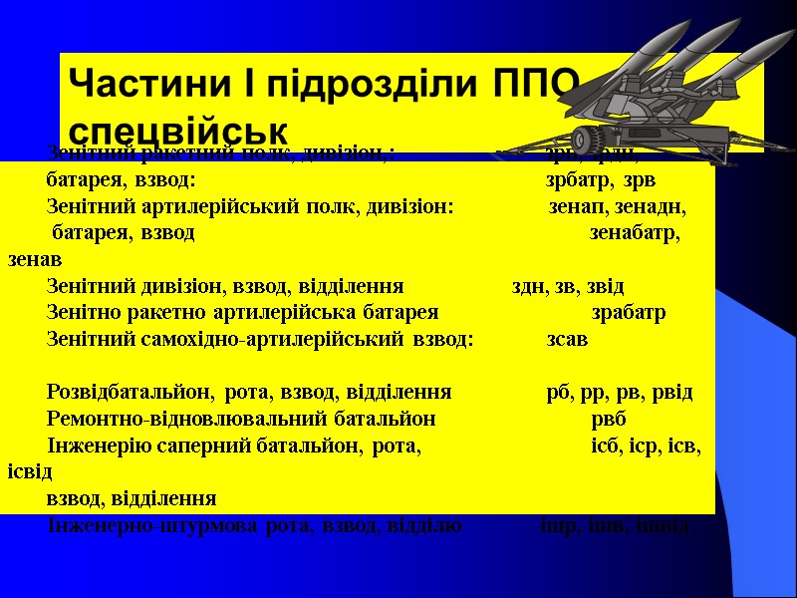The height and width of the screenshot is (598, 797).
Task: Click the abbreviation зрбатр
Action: tap(579, 181)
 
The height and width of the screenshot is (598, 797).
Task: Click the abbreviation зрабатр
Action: tap(629, 313)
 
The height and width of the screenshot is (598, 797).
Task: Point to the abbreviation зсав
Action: tap(567, 339)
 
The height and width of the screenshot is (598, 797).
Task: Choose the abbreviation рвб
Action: tap(609, 418)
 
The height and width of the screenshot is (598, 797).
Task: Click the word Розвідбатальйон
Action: tap(131, 392)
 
